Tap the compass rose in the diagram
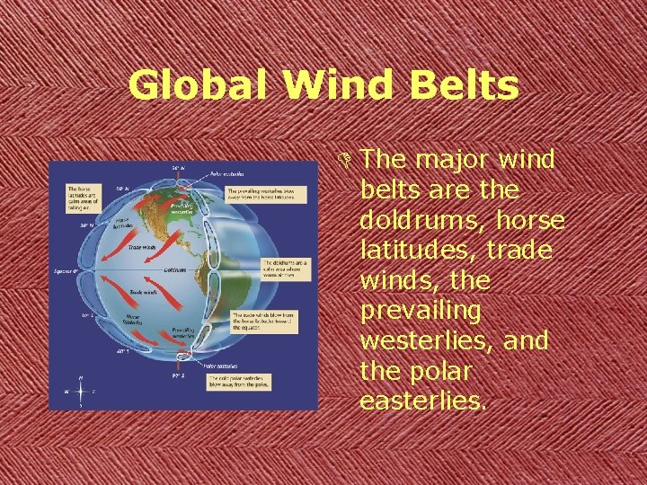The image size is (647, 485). pos(81,391)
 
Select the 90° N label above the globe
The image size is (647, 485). pos(179,168)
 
